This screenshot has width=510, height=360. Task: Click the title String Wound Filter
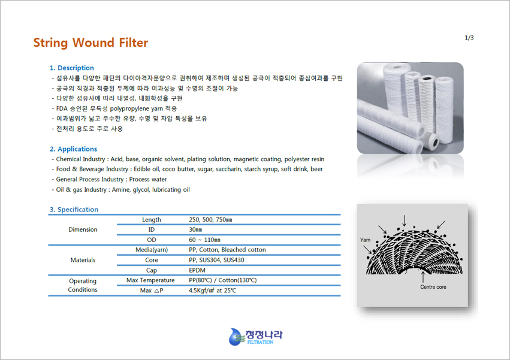click(90, 43)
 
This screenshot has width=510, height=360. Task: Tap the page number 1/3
click(469, 38)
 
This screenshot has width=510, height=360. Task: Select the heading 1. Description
click(72, 68)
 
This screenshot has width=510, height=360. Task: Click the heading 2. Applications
click(74, 149)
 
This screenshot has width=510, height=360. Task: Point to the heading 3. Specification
click(74, 210)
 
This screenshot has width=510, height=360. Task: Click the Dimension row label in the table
click(83, 229)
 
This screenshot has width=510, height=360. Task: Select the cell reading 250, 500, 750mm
click(210, 220)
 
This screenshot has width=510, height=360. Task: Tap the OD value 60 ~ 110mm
click(204, 240)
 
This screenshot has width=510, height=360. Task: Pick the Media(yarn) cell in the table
click(152, 250)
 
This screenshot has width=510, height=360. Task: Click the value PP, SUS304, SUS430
click(216, 260)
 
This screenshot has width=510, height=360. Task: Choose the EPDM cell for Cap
click(197, 270)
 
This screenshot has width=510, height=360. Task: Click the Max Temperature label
click(150, 280)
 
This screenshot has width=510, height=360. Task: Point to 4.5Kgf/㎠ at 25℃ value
click(212, 291)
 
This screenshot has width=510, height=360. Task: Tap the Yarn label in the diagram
click(365, 240)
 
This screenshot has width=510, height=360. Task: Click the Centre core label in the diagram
click(433, 287)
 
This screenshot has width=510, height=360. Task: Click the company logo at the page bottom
click(256, 337)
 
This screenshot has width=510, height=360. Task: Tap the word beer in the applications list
click(317, 169)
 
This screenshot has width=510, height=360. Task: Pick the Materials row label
click(83, 260)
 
